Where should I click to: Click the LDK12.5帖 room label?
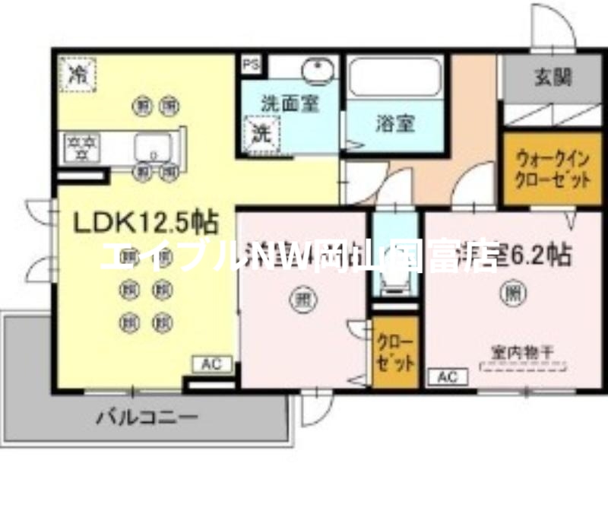pos(145,222)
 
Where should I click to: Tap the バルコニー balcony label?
pos(147,417)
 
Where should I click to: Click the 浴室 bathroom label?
pos(394,124)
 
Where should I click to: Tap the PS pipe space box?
pos(251,65)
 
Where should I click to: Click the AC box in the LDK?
pos(215,365)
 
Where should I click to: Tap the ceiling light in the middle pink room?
pos(302,300)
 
